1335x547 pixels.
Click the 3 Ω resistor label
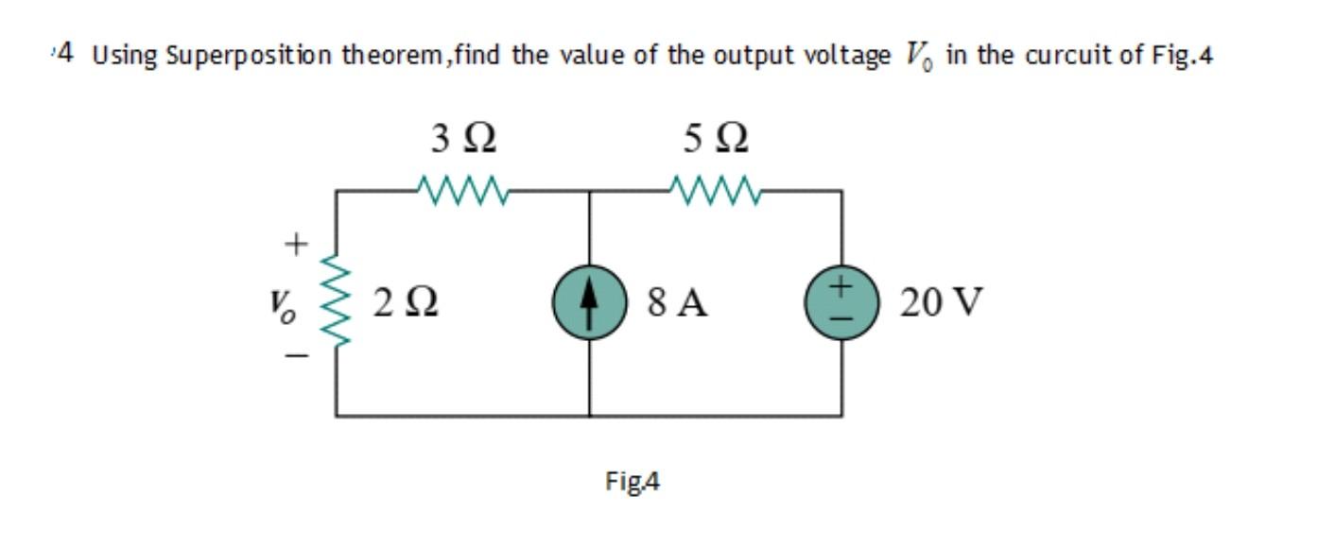coord(463,142)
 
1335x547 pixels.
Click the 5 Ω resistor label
coord(716,142)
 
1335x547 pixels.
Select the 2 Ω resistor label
coord(404,303)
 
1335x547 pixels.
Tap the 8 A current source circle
coord(590,304)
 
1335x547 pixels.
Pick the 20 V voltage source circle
coord(842,304)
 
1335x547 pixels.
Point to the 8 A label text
coord(678,303)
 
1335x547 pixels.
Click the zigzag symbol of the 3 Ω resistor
coord(463,192)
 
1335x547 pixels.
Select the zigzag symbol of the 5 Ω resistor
coord(716,192)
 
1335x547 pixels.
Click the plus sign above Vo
coord(296,245)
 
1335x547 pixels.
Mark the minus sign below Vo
coord(296,357)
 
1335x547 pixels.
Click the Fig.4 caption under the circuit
coord(633,483)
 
